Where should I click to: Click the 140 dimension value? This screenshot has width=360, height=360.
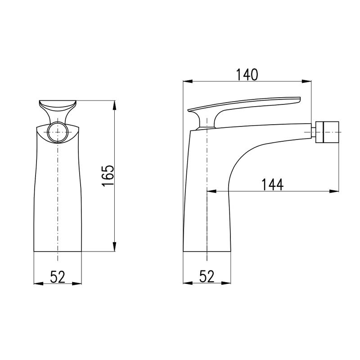point(247,75)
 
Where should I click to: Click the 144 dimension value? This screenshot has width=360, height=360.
point(273,184)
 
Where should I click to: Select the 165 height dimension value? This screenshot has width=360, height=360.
point(108,175)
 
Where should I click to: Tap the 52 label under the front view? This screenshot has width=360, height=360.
point(58,277)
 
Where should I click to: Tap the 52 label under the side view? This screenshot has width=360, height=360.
point(207,276)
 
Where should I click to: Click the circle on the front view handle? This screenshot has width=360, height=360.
point(58,132)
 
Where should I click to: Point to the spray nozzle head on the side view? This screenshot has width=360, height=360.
point(328,132)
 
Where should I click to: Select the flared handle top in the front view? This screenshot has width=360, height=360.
point(58,105)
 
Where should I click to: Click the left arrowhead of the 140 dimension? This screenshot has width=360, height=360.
point(187,81)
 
